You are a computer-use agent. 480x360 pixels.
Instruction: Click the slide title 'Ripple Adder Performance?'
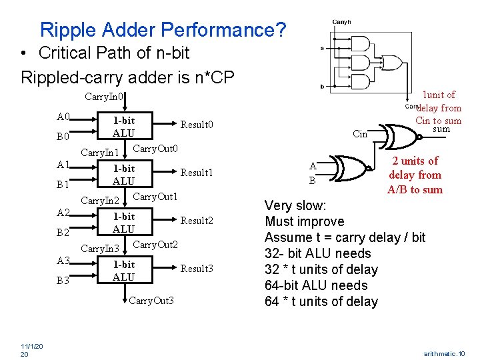(x=163, y=30)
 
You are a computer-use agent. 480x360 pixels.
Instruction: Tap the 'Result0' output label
(x=197, y=125)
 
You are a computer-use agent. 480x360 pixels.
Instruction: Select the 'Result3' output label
(x=197, y=269)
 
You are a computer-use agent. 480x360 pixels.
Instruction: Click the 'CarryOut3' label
(x=151, y=301)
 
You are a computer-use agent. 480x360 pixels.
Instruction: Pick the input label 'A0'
(x=64, y=117)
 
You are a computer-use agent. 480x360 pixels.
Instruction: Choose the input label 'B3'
(x=64, y=281)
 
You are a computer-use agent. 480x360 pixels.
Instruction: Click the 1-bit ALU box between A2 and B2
(x=123, y=223)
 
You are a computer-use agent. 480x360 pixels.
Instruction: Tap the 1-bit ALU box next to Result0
(x=123, y=127)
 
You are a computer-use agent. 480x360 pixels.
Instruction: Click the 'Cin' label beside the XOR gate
(x=360, y=135)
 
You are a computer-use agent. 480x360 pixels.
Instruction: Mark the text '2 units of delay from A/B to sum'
(x=415, y=175)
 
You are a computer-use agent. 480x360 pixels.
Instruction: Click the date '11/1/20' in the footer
(x=31, y=347)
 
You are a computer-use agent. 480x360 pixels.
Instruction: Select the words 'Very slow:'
(x=295, y=205)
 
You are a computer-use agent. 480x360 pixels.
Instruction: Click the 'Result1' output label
(x=197, y=173)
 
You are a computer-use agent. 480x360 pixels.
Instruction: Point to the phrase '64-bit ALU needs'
(x=316, y=285)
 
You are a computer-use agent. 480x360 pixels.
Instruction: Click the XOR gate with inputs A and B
(x=349, y=172)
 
